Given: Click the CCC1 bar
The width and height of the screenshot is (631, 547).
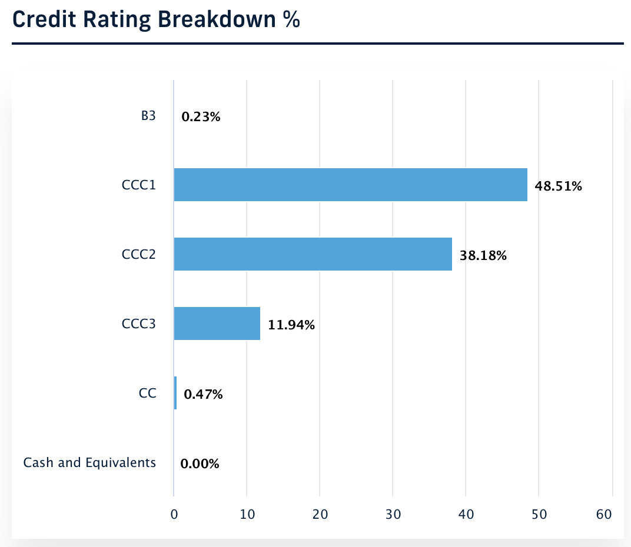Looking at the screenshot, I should pos(350,185).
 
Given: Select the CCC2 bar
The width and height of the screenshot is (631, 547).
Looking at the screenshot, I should pos(313,254).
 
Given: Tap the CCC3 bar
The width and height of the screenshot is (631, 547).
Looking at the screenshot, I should pos(217,323).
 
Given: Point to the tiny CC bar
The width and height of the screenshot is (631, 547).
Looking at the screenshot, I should pos(175,393).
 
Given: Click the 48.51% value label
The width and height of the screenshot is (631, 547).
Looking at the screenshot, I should pos(558,186).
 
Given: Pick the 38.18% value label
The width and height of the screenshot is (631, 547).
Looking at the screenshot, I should pos(483,256).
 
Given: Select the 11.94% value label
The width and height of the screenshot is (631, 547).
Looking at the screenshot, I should pos(291,325).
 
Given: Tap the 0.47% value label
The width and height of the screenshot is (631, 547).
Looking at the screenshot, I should pos(203,395).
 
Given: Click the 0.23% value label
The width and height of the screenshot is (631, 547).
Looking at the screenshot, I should pos(201,117).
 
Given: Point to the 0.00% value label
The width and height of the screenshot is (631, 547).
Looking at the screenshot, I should pos(200,464).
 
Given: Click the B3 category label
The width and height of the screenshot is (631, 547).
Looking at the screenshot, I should pos(148,116).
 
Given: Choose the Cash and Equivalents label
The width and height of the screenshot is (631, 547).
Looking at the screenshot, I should pos(89,463).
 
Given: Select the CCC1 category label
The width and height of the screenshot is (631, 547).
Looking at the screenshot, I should pos(139,185).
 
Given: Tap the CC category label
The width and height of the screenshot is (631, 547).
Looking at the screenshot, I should pos(148,393).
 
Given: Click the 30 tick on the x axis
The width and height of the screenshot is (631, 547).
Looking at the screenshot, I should pos(393,514).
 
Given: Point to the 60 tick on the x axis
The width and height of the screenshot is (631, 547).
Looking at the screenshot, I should pos(604,514).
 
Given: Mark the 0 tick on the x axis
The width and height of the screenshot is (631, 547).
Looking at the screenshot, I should pos(174,514).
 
